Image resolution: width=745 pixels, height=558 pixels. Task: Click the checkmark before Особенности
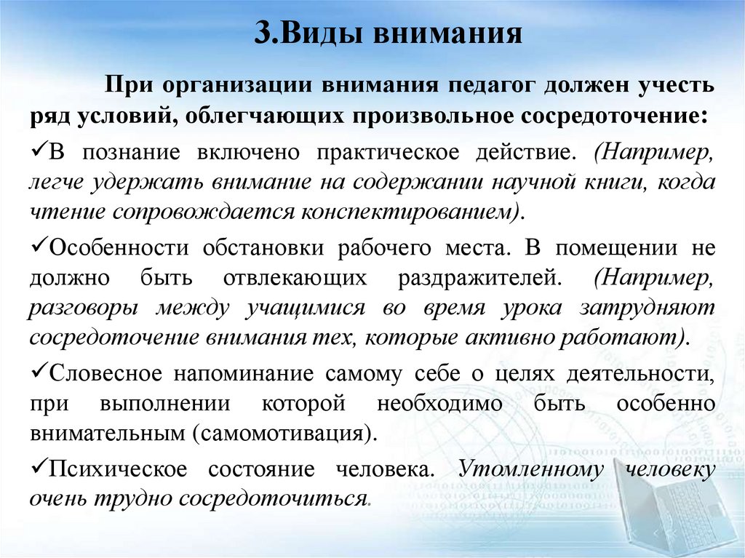click(x=39, y=246)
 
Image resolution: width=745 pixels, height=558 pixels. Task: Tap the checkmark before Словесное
click(x=39, y=372)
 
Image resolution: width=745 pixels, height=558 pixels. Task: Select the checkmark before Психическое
click(x=39, y=468)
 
